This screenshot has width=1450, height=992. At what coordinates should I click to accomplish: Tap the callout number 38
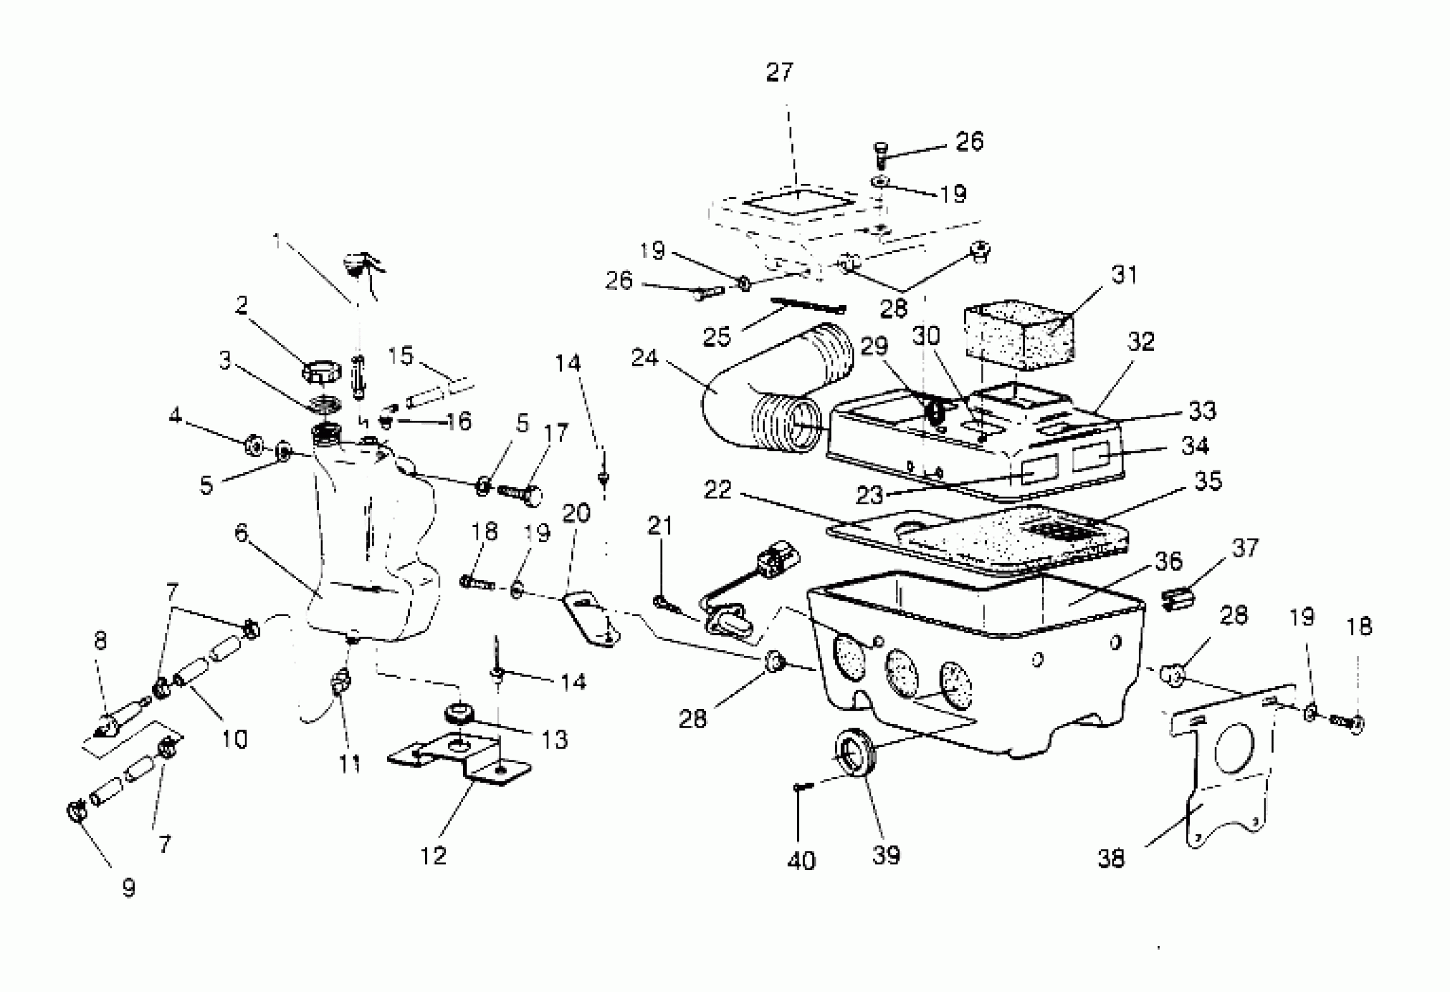coord(1111,858)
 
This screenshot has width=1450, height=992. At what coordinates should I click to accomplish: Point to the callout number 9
coord(128,887)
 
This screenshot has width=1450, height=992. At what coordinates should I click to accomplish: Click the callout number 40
coord(801,861)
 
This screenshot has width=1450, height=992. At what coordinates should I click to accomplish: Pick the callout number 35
coord(1207,481)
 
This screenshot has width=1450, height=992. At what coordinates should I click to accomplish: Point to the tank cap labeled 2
coord(322,372)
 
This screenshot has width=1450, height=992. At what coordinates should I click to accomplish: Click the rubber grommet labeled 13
coord(460,712)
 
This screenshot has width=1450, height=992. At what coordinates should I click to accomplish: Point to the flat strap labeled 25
coord(808,305)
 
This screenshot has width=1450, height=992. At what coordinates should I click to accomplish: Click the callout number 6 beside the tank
coord(241,533)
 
